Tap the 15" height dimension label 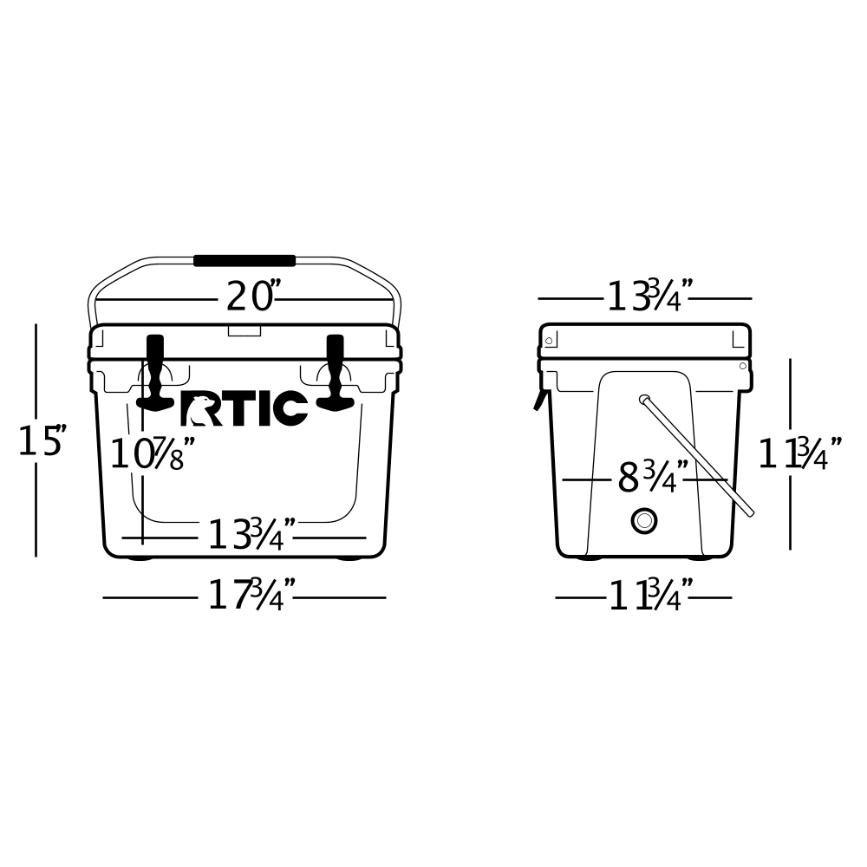pos(42,440)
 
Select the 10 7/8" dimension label pos(152,454)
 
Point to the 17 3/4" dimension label pos(251,596)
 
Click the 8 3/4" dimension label pos(652,478)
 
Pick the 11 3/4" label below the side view pos(649,596)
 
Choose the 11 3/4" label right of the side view pos(799,454)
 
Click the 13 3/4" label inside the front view pos(251,536)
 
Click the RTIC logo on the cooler pos(244,409)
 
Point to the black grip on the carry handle pos(244,260)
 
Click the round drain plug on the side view pos(644,520)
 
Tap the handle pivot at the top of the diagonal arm pos(644,400)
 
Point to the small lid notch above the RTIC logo pos(244,330)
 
